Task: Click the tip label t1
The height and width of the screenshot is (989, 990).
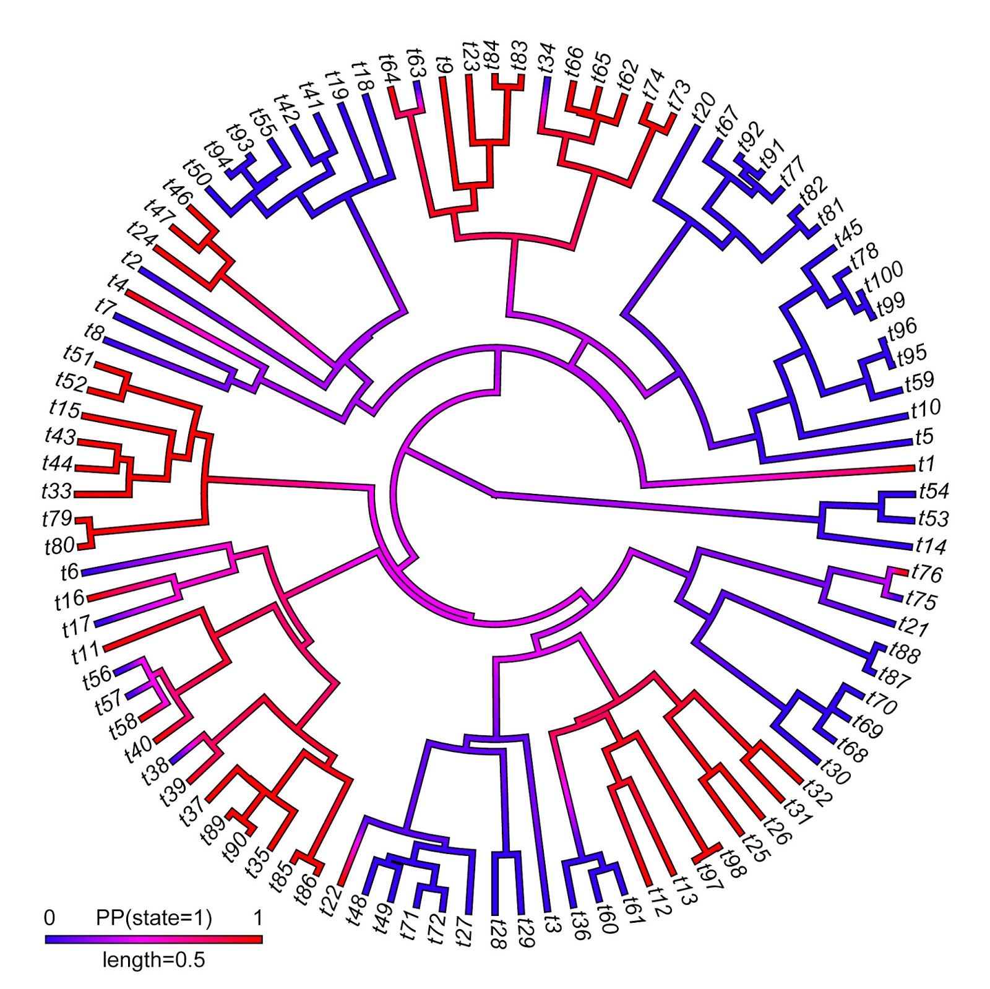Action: (x=926, y=464)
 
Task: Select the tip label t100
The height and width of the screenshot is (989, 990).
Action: (x=884, y=277)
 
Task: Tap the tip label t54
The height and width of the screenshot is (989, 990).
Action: (x=934, y=491)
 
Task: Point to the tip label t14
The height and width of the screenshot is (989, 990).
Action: (x=931, y=546)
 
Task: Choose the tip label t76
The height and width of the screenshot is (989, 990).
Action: (x=926, y=574)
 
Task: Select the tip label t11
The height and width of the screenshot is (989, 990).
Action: (x=85, y=652)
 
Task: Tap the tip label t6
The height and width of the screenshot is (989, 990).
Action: (x=70, y=572)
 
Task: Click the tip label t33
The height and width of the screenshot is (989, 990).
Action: (x=57, y=491)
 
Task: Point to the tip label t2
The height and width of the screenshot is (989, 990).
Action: (x=132, y=259)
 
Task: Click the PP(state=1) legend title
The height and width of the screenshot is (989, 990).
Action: (x=153, y=918)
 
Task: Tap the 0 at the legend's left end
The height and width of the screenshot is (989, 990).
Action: (x=49, y=918)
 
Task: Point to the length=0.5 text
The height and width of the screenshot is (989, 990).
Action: (x=153, y=960)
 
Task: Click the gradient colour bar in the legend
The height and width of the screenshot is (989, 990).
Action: (x=153, y=939)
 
